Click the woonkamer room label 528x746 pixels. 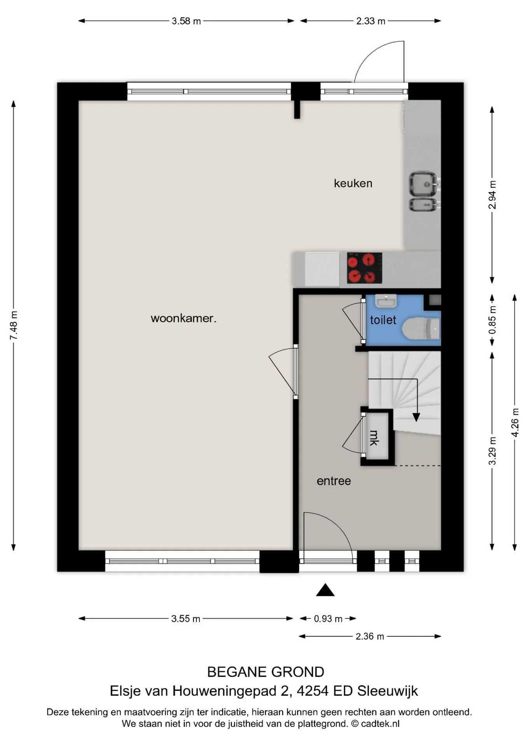pos(183,319)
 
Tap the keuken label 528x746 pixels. pos(353,183)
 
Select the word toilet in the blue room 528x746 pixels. pos(383,320)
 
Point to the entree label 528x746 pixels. pos(334,481)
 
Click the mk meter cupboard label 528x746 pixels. pos(374,437)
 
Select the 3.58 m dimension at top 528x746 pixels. pos(186,21)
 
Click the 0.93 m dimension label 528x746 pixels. pos(328,619)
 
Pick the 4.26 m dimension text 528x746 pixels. pos(515,422)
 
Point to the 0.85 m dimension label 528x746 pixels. pos(492,320)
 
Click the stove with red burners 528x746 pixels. pos(364,268)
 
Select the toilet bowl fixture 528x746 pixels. pos(421,328)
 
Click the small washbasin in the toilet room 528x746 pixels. pos(386,301)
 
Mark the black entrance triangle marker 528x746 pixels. pos(325,590)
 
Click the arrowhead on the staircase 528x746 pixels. pos(416,417)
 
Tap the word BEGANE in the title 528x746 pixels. pos(237,672)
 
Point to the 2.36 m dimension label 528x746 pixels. pos(370,636)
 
